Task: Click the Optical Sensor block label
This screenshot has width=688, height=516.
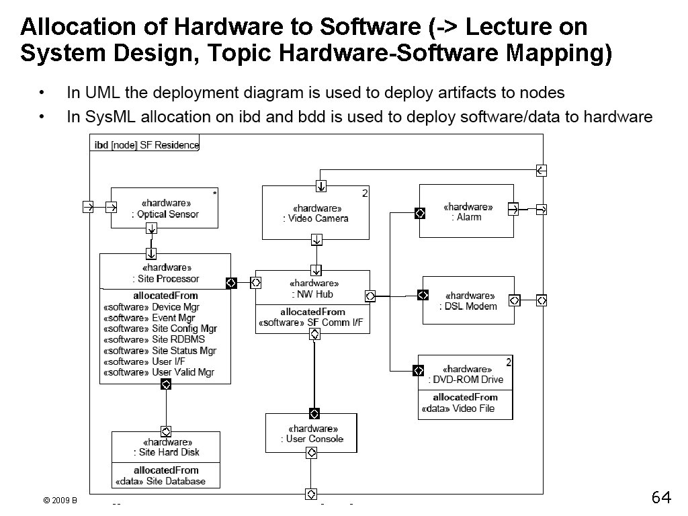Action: pyautogui.click(x=165, y=215)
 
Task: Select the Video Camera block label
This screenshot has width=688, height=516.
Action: pyautogui.click(x=315, y=218)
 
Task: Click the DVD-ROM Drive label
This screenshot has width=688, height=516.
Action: pyautogui.click(x=466, y=380)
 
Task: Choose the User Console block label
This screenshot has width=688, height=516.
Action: pyautogui.click(x=312, y=439)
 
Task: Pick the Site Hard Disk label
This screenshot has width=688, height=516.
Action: pyautogui.click(x=165, y=452)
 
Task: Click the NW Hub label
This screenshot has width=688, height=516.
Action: pyautogui.click(x=312, y=294)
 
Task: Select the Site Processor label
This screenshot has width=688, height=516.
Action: pyautogui.click(x=165, y=279)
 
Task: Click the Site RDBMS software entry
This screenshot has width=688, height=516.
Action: pyautogui.click(x=154, y=339)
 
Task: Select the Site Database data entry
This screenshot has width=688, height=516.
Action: pyautogui.click(x=161, y=481)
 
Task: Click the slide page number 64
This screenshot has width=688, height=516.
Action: pyautogui.click(x=661, y=498)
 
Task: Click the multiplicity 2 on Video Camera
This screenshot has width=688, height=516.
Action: pyautogui.click(x=365, y=193)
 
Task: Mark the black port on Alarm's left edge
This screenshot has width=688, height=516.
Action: pyautogui.click(x=419, y=213)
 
